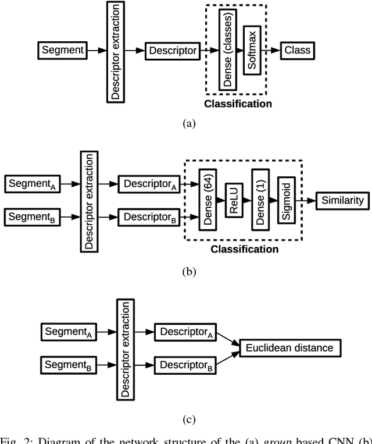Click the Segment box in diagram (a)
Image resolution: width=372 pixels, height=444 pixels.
click(63, 51)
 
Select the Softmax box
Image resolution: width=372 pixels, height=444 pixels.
click(251, 50)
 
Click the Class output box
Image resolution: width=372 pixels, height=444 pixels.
click(297, 51)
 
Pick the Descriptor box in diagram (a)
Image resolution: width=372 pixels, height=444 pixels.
click(173, 51)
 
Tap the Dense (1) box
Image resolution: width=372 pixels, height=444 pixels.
click(261, 200)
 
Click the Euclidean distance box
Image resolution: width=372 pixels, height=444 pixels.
click(290, 348)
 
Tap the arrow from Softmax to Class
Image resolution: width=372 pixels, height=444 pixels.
click(270, 51)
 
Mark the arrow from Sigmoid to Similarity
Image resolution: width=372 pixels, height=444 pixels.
click(306, 200)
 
